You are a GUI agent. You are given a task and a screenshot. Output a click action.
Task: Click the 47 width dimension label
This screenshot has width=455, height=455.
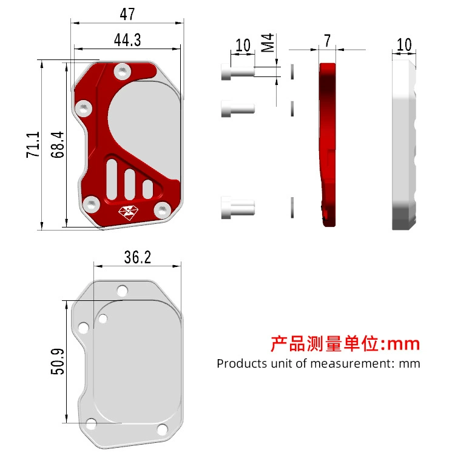127,13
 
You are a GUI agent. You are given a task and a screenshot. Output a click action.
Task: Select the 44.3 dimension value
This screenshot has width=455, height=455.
127,40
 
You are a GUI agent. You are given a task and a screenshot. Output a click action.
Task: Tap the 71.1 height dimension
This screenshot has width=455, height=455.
33,145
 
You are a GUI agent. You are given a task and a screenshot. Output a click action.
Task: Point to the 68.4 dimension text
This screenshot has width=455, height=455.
57,144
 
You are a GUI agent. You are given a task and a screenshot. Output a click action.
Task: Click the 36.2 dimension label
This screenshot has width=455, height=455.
138,257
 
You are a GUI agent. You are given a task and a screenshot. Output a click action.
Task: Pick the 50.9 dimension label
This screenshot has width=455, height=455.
58,362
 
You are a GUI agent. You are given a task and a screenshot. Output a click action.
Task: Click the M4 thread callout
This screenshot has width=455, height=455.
268,42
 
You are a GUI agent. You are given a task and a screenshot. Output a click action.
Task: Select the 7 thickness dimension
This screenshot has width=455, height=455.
328,41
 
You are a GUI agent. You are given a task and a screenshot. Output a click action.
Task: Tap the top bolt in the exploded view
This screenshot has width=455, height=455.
238,72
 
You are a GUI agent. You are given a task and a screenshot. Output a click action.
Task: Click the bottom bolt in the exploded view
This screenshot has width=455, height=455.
238,207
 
